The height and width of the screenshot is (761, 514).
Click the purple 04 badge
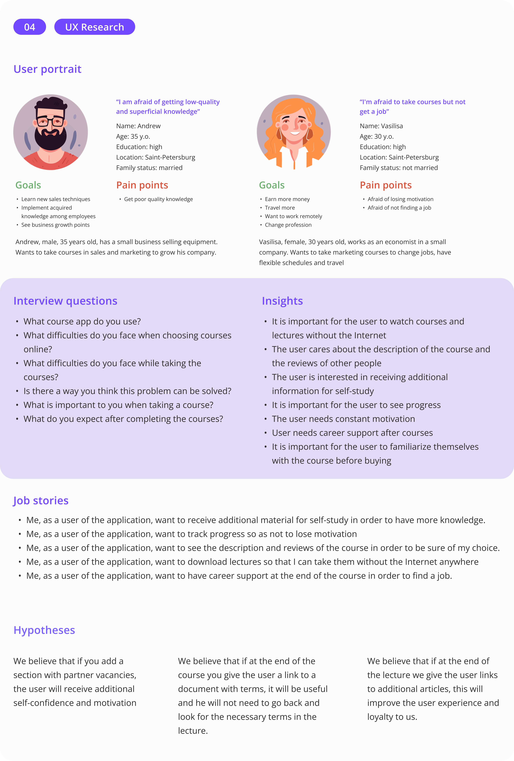[x=29, y=27]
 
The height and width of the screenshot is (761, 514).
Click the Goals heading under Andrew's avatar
[x=28, y=185]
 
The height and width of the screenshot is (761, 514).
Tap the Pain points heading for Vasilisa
[x=386, y=185]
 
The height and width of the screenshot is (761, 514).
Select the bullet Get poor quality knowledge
[x=158, y=199]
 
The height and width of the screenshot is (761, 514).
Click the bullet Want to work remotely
[x=293, y=216]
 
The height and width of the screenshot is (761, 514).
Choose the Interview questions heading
[x=65, y=301]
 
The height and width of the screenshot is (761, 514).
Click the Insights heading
[x=282, y=301]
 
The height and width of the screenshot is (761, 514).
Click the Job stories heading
[x=41, y=500]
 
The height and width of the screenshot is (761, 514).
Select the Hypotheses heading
[x=44, y=630]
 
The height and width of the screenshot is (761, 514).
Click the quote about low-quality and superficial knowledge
[x=168, y=106]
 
